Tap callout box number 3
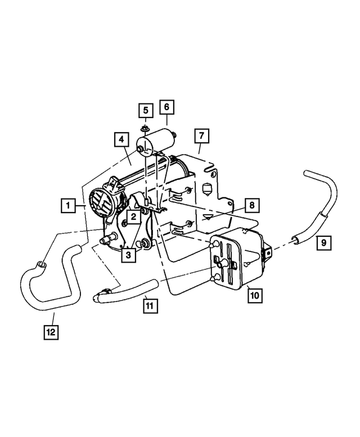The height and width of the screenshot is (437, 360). coord(129,255)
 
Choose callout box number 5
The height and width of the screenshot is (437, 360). coord(145,110)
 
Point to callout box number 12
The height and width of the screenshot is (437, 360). coord(51,332)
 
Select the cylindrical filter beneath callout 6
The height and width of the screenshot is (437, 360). coord(160,140)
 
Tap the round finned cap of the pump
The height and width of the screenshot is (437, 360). coord(101,200)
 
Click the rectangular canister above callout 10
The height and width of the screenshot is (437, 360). coord(239,259)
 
